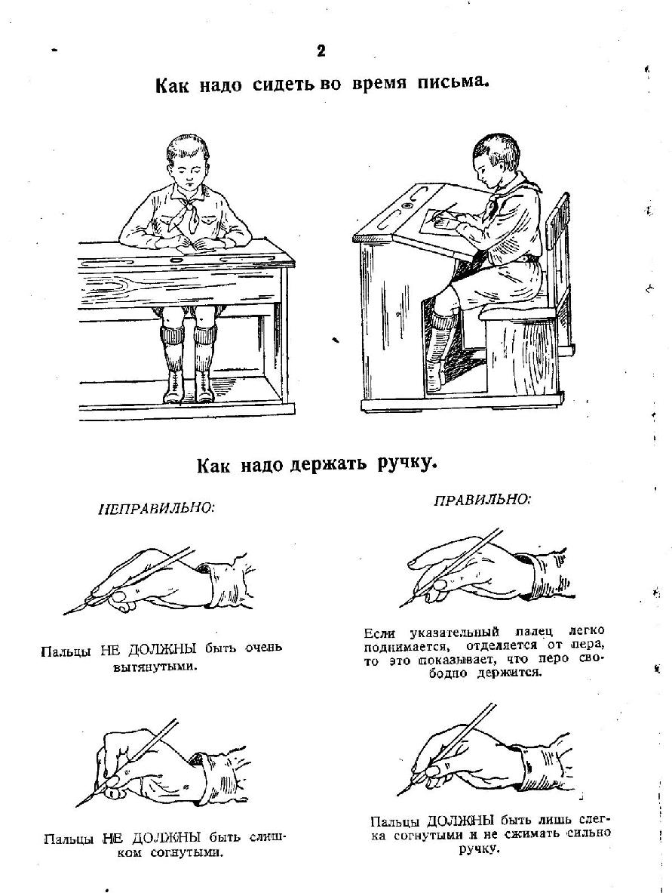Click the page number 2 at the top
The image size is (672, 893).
click(x=321, y=51)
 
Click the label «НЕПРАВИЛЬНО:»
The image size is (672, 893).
click(x=157, y=508)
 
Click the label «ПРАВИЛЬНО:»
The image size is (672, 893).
click(x=482, y=500)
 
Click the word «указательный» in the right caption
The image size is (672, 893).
click(x=456, y=631)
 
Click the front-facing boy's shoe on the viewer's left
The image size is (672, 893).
click(x=173, y=387)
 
